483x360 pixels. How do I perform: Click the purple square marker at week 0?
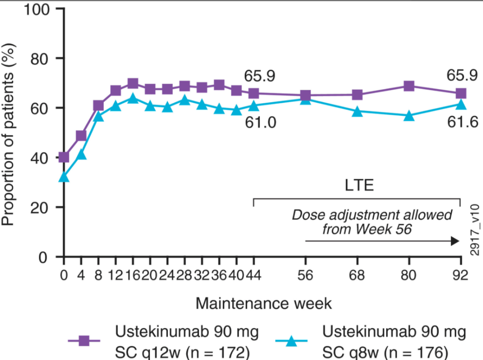click(x=64, y=157)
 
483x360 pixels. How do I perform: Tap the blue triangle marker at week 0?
click(x=64, y=177)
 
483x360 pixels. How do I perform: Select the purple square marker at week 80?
click(x=409, y=86)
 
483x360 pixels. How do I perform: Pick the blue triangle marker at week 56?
click(x=306, y=99)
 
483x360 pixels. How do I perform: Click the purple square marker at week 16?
click(x=133, y=84)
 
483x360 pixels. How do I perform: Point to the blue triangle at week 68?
click(x=358, y=112)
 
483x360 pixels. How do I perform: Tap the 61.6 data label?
click(x=462, y=123)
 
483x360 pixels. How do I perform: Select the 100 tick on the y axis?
click(x=40, y=9)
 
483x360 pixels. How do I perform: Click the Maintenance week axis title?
click(x=264, y=303)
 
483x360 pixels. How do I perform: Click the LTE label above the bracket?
click(x=358, y=185)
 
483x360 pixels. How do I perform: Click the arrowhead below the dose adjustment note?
click(x=455, y=241)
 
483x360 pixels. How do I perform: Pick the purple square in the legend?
click(x=84, y=340)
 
